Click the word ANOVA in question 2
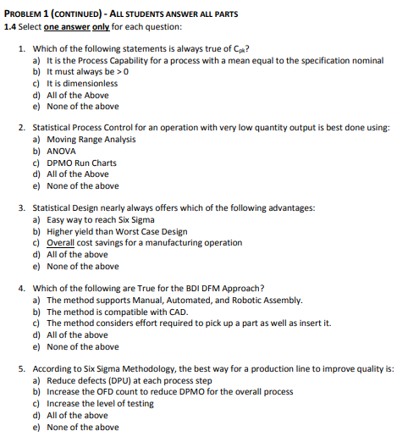click(60, 151)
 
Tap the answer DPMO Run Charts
click(81, 163)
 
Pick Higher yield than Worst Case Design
click(117, 231)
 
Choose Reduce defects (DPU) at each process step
click(124, 380)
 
